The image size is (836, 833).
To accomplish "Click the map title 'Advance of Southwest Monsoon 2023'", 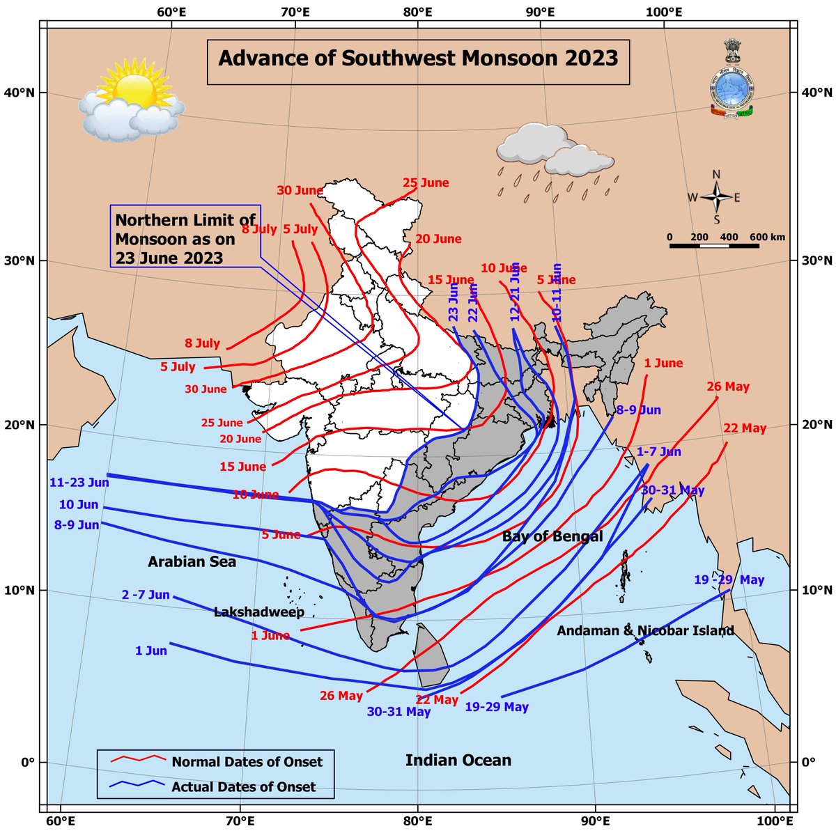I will (418, 57).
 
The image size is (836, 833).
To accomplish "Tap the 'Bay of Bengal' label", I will (552, 536).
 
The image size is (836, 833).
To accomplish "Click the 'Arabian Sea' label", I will (192, 561).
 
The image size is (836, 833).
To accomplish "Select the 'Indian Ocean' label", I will (458, 760).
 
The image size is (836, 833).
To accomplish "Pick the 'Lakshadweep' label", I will (258, 612).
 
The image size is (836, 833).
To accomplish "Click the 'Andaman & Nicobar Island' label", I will (645, 631).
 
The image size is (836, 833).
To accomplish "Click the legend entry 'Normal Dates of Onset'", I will (247, 761).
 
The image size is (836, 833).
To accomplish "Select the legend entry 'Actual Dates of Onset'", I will (243, 787).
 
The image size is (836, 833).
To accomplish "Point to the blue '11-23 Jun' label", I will (79, 482).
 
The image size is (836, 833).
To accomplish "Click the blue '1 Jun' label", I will (151, 651).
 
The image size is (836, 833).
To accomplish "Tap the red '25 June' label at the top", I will (426, 183).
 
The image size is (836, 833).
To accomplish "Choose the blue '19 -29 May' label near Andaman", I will (729, 579).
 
